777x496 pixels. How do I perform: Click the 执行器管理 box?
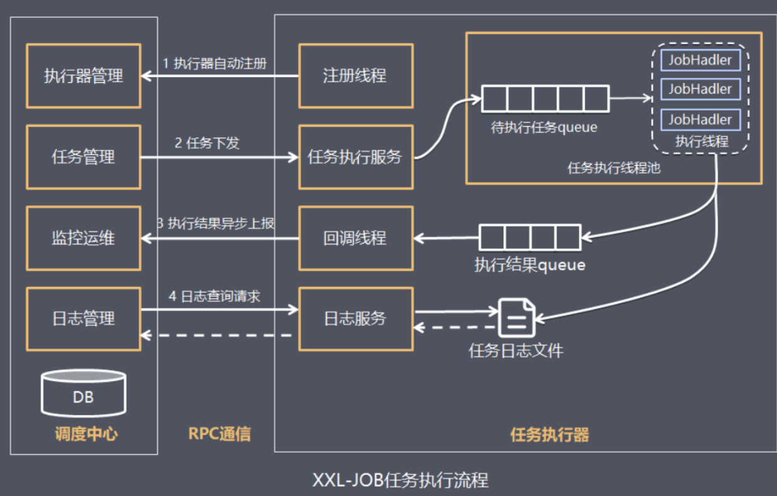[83, 76]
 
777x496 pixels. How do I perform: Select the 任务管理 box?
[83, 157]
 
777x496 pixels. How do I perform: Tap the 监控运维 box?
[83, 239]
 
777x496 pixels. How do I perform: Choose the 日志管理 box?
[83, 319]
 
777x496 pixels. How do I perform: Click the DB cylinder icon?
[83, 394]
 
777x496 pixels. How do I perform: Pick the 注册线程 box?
[355, 76]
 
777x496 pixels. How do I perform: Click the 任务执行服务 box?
[355, 157]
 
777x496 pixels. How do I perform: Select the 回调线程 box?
[355, 239]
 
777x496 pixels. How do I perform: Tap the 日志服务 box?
[355, 319]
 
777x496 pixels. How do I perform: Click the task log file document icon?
[516, 318]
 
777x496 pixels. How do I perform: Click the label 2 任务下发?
[207, 144]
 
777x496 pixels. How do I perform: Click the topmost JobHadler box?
[700, 60]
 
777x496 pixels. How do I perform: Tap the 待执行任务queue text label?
[544, 128]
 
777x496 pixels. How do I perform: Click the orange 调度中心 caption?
[83, 434]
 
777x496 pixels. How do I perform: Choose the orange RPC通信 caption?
[219, 434]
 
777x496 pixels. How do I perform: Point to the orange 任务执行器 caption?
[550, 434]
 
